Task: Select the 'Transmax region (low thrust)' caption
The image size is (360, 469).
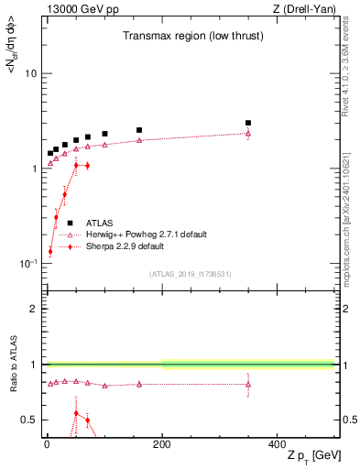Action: (183, 37)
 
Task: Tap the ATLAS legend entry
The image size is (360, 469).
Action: (100, 223)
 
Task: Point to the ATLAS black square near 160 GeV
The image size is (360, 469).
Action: (139, 130)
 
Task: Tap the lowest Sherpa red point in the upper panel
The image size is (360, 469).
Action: (50, 251)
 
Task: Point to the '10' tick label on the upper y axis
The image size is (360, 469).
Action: (30, 73)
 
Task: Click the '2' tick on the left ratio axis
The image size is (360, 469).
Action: (34, 309)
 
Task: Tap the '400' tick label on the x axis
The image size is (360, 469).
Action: (277, 443)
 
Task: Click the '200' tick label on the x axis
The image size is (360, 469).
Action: (161, 443)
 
